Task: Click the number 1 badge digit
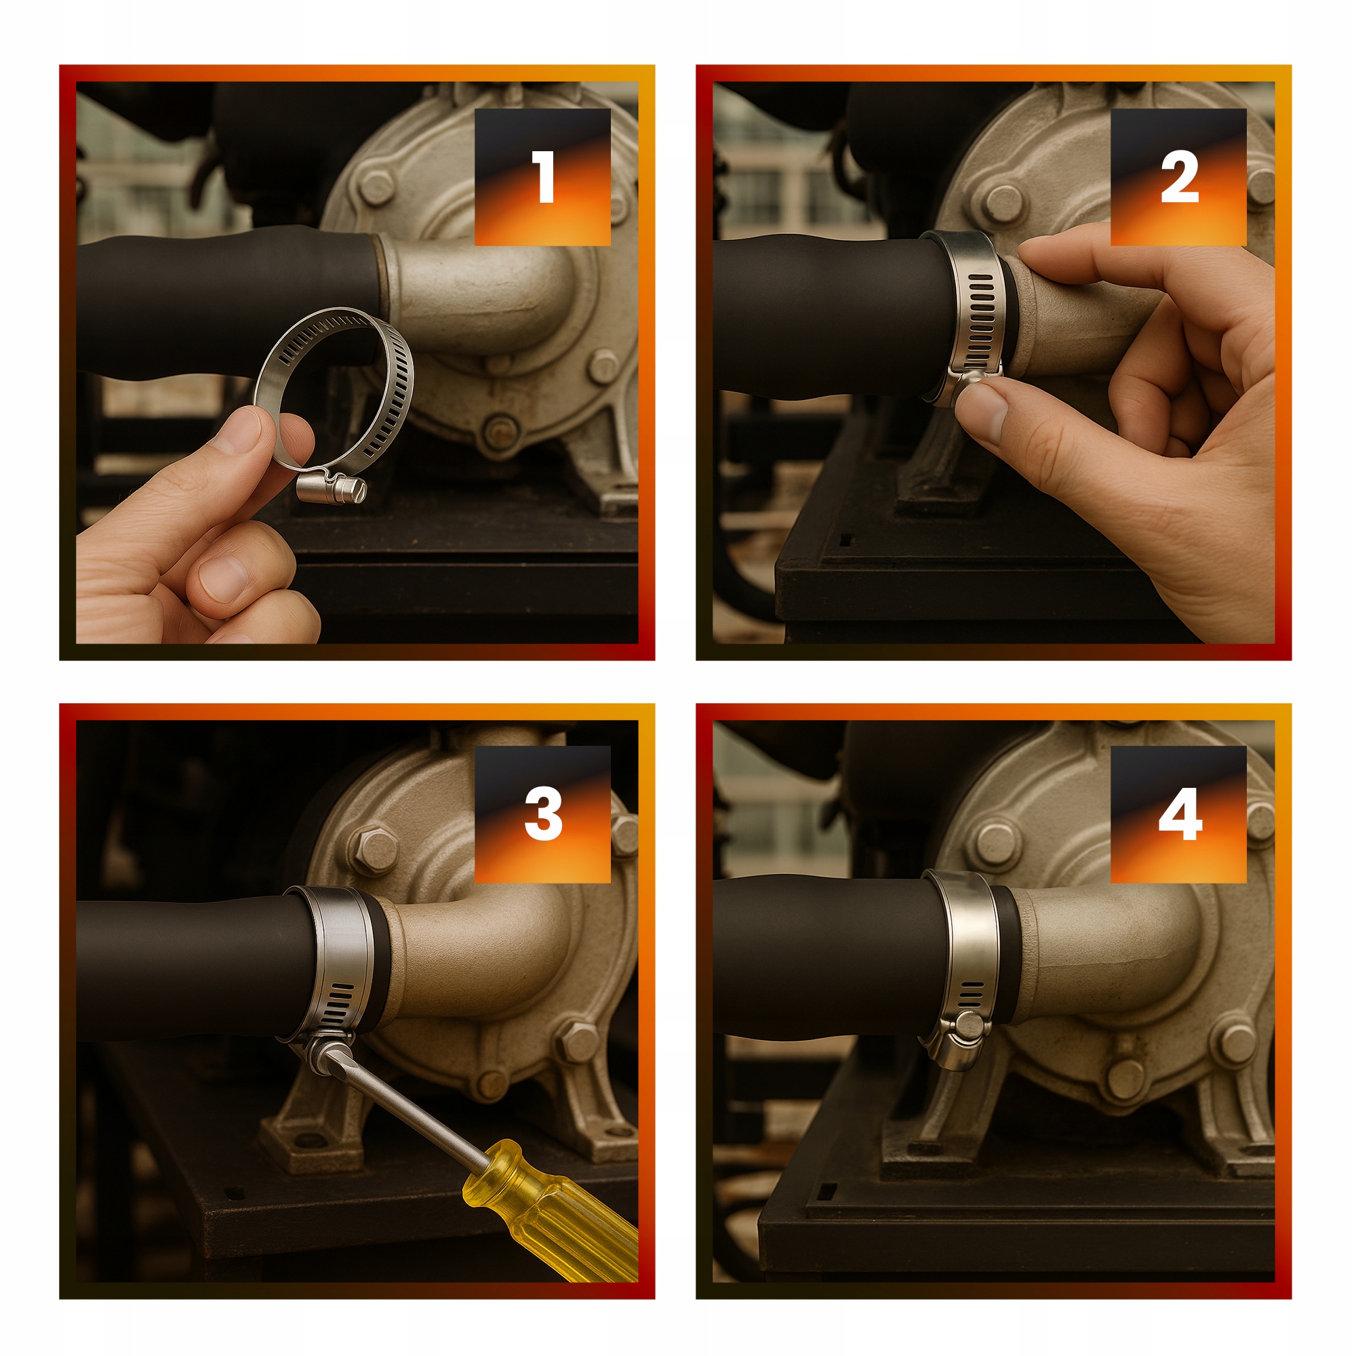[544, 177]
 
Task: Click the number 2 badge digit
[1180, 177]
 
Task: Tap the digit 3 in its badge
[544, 814]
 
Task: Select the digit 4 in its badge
[1180, 814]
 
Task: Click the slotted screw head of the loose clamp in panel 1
[358, 488]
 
